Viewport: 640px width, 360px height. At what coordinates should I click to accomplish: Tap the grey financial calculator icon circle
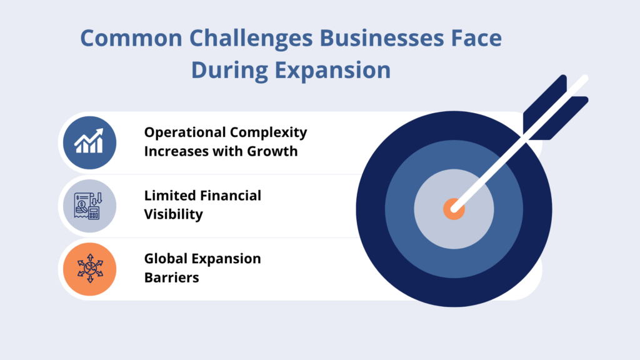[x=89, y=206]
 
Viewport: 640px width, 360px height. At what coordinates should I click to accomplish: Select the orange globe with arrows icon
[x=89, y=269]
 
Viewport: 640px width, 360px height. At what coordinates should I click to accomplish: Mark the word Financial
[x=231, y=196]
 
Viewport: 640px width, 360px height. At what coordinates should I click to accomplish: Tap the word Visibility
[x=174, y=214]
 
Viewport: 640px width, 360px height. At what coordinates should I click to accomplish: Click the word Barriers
[x=172, y=277]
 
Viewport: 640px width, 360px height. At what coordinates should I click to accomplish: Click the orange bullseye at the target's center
[x=454, y=209]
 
